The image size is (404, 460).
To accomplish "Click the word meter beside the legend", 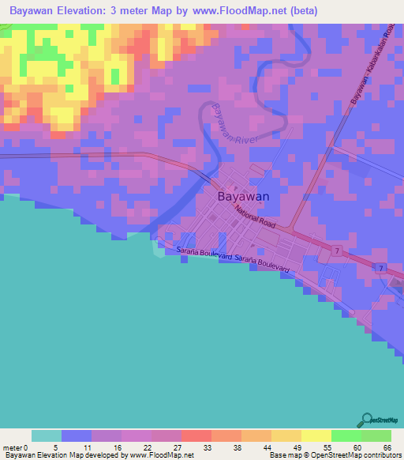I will [x=12, y=447].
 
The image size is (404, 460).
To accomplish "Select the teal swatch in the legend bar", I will [x=46, y=435].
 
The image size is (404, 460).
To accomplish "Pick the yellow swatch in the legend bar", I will [x=316, y=435].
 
